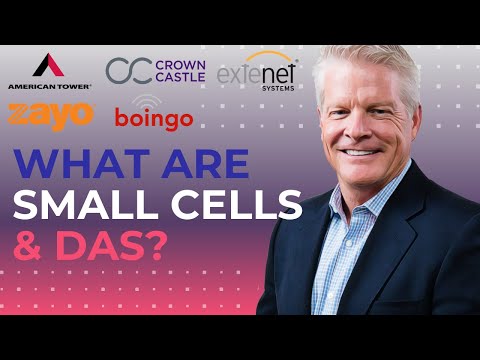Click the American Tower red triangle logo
[x=49, y=66]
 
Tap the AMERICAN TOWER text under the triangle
[x=49, y=87]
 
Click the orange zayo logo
[x=49, y=114]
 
